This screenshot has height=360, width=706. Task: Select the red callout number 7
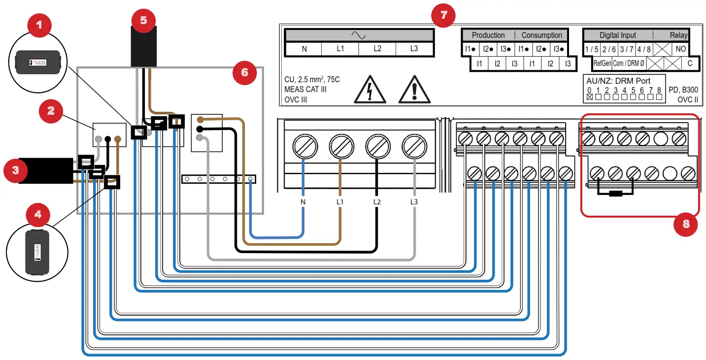coord(443,15)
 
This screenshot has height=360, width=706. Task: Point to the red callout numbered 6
coord(244,73)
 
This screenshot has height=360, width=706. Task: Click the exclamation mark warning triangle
coord(414,90)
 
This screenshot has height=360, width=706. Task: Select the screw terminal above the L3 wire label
coord(414,146)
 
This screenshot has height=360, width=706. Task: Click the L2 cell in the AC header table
coord(377,49)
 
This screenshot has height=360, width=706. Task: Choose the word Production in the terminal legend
coord(488,35)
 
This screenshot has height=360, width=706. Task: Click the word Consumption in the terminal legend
coord(541,35)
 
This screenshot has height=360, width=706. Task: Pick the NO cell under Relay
coord(680,49)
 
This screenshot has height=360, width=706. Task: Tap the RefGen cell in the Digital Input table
coord(602,64)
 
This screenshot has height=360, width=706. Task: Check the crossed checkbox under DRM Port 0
coord(589,98)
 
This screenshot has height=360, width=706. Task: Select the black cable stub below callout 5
coord(143,46)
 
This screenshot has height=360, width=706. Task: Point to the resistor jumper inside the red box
coord(615,193)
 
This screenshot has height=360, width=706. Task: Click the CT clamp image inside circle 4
coord(37,251)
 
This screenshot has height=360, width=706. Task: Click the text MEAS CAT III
coord(305,90)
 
